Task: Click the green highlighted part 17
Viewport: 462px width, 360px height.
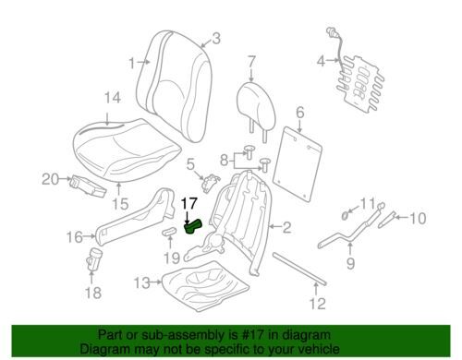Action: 192,227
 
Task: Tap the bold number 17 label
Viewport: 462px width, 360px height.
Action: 188,204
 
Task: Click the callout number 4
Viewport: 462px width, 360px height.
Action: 321,61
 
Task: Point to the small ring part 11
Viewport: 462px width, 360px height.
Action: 345,215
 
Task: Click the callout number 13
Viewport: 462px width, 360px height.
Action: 142,282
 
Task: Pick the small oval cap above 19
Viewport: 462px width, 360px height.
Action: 170,231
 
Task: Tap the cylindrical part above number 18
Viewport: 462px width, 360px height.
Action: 94,259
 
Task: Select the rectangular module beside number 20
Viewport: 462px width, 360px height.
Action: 89,186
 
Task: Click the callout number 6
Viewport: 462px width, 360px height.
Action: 300,113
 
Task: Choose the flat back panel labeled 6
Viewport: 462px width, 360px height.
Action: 298,164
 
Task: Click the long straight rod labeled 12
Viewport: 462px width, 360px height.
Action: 299,270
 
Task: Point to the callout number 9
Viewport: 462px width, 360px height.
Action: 350,263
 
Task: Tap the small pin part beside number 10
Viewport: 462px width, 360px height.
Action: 386,220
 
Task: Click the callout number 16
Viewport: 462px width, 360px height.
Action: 75,237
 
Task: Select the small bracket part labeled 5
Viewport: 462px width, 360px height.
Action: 211,183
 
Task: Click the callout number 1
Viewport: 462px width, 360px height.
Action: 132,64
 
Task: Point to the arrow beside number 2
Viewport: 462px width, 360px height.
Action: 275,227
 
